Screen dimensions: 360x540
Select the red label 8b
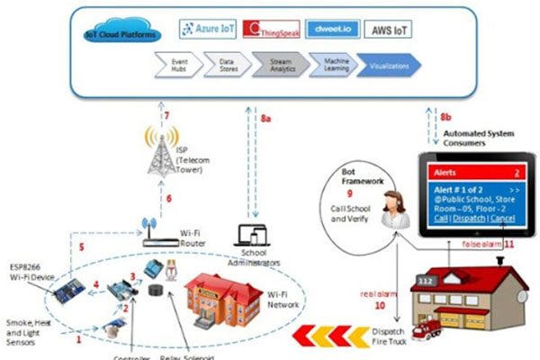(x=446, y=117)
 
